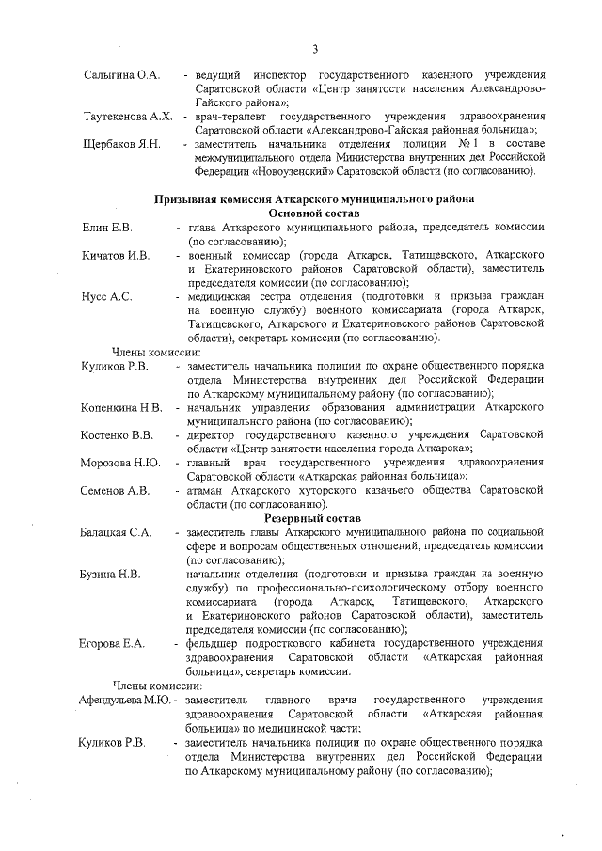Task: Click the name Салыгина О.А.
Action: pos(122,74)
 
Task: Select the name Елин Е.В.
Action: pos(106,229)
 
